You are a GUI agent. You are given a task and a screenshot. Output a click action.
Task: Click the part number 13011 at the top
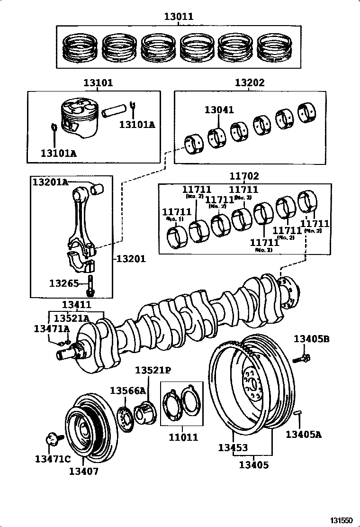[179, 17]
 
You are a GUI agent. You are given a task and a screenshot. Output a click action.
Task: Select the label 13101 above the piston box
[99, 83]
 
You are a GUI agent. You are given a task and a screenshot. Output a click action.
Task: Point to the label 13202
[250, 83]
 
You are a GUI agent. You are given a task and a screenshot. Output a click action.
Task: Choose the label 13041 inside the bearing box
[219, 110]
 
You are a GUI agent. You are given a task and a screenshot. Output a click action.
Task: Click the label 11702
[244, 176]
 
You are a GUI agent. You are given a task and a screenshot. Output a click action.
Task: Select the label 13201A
[50, 182]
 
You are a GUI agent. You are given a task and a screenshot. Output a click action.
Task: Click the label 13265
[63, 283]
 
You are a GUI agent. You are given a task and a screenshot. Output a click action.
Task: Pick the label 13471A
[52, 328]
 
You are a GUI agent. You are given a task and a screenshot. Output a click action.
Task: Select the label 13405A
[303, 433]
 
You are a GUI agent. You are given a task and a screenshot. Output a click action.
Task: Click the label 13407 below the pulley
[84, 471]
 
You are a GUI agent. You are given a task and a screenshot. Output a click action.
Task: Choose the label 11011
[183, 437]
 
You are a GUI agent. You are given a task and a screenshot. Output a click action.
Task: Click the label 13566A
[128, 391]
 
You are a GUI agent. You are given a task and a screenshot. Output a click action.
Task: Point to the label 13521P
[153, 370]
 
